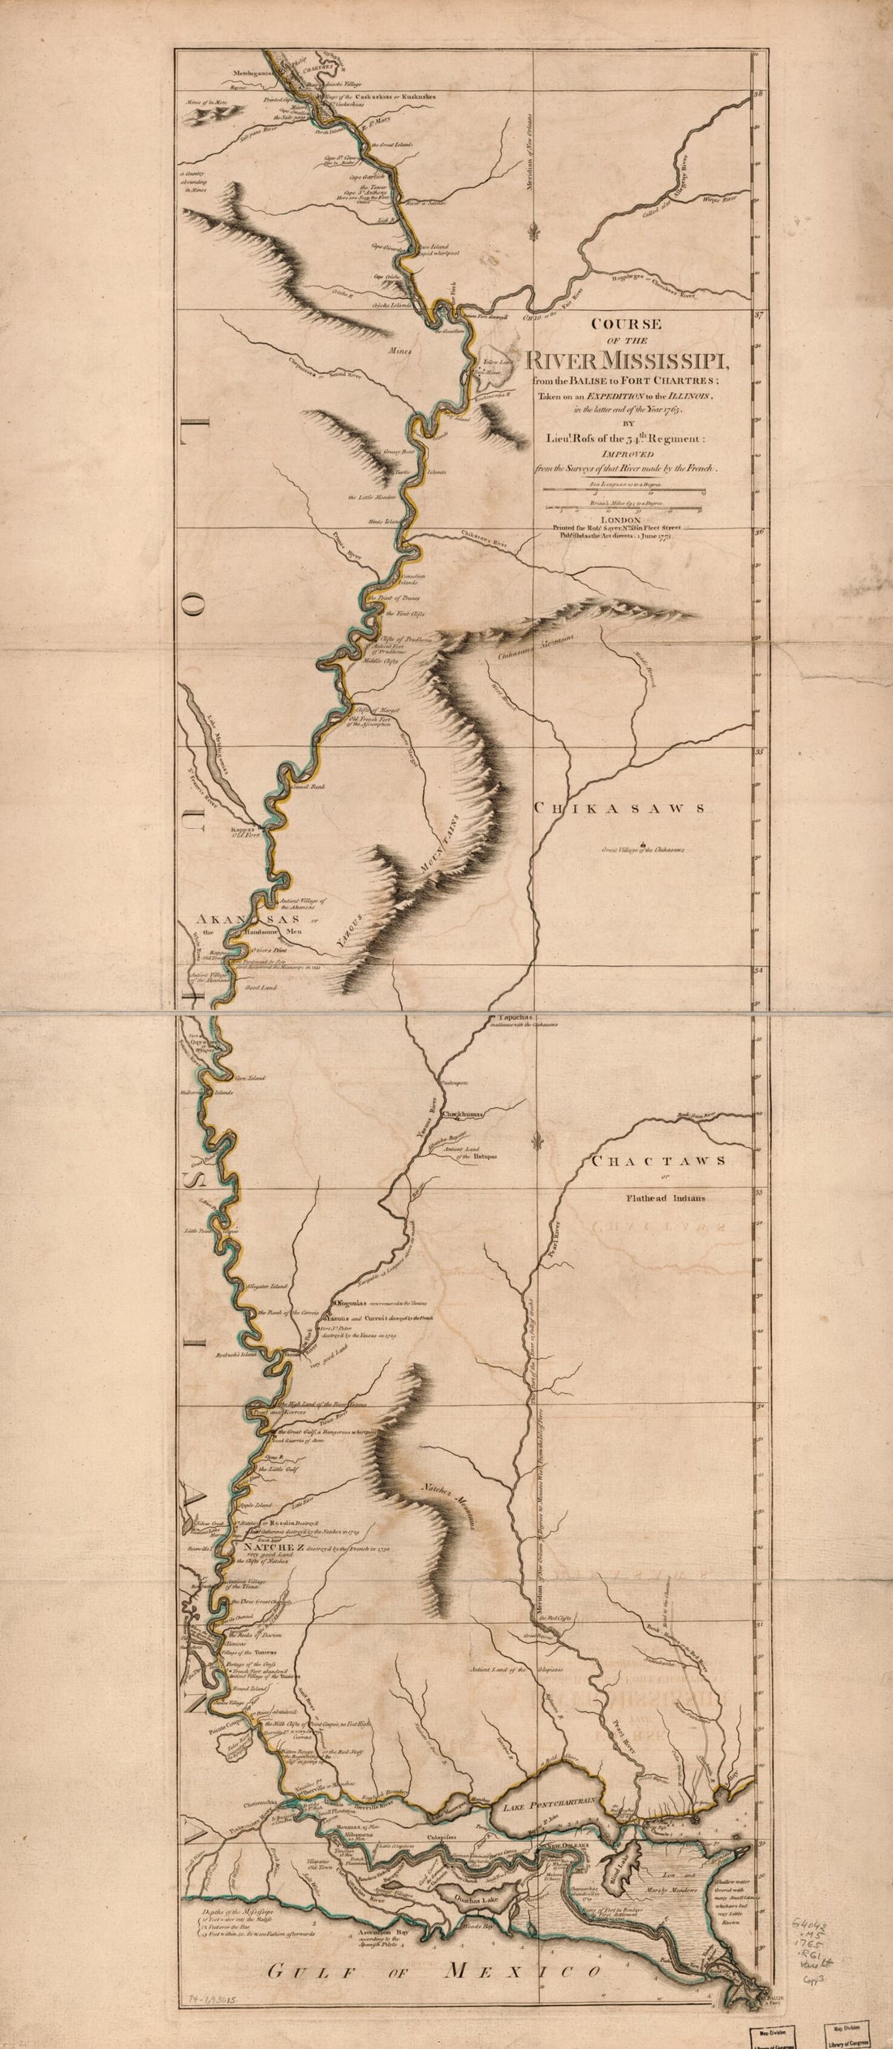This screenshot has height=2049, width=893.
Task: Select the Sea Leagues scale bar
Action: [623, 490]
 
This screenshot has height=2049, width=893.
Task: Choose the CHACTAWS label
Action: [658, 1161]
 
